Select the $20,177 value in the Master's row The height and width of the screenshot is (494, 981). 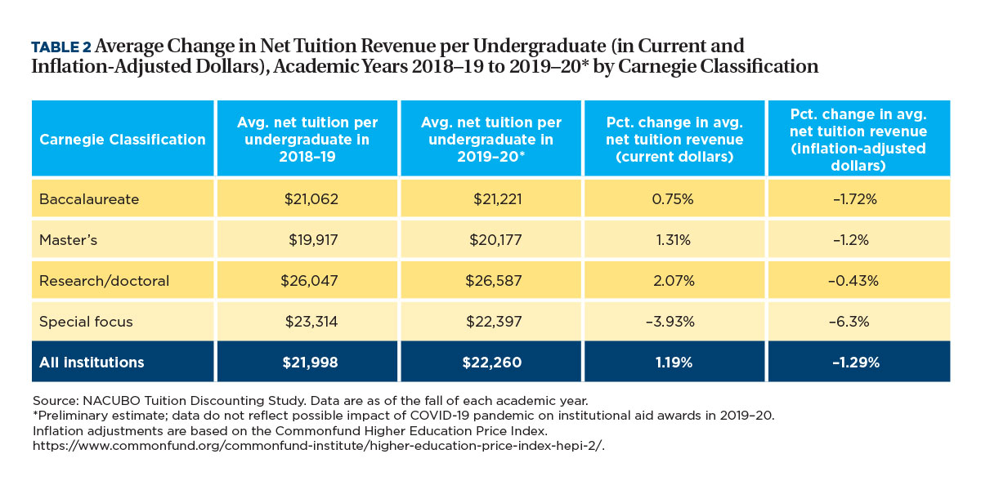pos(490,240)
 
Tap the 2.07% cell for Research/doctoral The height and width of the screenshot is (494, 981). pos(674,281)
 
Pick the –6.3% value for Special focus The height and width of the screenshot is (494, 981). pos(858,322)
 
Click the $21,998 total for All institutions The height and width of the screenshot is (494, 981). pos(307,363)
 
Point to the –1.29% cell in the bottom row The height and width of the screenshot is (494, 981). pos(858,363)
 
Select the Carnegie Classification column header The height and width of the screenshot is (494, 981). pos(123,140)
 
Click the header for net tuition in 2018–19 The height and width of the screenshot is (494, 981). pos(307,140)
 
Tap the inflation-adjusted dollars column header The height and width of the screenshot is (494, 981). pos(858,140)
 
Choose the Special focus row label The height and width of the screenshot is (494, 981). pos(86,322)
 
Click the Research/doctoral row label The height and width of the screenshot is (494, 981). pos(104,281)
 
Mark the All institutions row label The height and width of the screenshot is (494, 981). pos(92,363)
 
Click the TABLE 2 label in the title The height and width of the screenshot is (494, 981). pos(61,47)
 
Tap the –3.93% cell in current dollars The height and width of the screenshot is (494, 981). pos(674,322)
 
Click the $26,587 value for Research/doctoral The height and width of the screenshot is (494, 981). pos(490,281)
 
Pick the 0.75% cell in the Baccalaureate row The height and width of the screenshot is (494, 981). pos(674,199)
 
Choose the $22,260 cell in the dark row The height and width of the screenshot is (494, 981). pos(490,363)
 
